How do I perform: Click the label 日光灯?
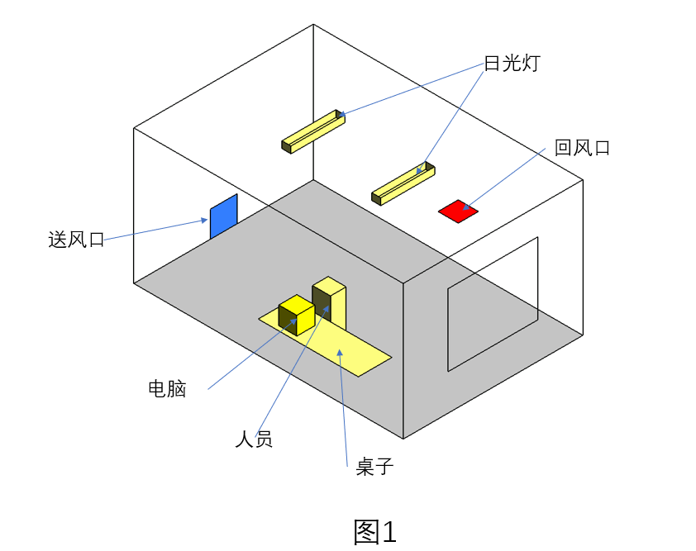(511, 64)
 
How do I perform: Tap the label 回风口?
(582, 149)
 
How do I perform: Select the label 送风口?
(77, 240)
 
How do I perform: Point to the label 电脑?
(167, 389)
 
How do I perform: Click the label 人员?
(254, 439)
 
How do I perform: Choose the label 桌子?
(374, 467)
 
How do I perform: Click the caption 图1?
(374, 531)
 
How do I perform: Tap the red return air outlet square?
(458, 211)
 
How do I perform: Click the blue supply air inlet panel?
(223, 216)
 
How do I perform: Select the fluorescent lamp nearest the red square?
(403, 183)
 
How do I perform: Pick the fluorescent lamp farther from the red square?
(313, 131)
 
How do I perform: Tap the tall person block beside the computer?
(330, 302)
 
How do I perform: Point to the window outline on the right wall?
(493, 304)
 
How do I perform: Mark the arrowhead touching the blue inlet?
(204, 221)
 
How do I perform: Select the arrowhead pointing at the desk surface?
(339, 353)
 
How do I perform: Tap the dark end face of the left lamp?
(286, 147)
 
